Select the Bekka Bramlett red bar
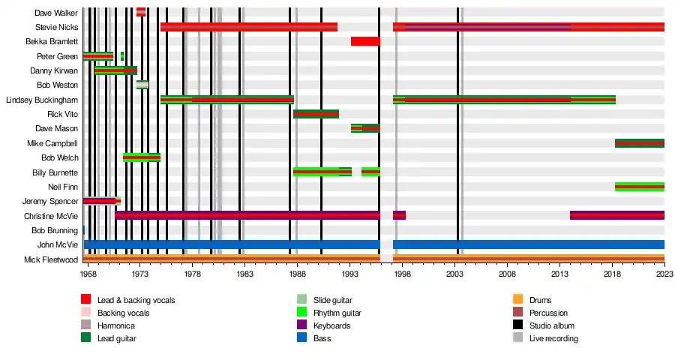[x=365, y=41]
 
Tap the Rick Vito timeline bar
[x=316, y=114]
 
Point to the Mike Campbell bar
[x=639, y=142]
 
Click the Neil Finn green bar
[x=639, y=187]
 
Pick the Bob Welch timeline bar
[x=142, y=157]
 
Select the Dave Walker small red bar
[x=141, y=12]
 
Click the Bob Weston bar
[x=142, y=85]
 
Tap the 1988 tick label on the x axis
[x=297, y=275]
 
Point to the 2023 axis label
[x=664, y=275]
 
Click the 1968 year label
[x=88, y=275]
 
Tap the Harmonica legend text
[x=115, y=325]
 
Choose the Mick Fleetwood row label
[x=51, y=259]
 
